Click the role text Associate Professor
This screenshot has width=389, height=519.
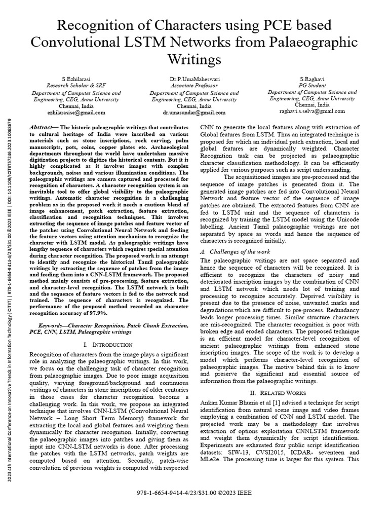click(194, 87)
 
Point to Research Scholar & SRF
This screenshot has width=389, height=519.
click(76, 87)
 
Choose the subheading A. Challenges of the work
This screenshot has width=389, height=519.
click(236, 252)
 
